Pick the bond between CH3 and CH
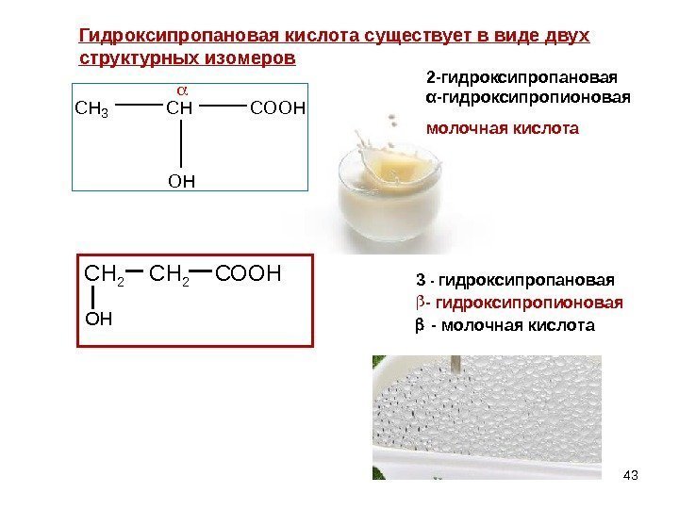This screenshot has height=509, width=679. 138,107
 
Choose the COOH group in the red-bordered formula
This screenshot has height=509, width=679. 249,274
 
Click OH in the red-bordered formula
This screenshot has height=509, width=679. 98,319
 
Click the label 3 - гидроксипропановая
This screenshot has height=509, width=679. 515,280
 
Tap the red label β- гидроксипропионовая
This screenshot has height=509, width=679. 519,304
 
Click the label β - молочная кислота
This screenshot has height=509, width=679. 505,326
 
